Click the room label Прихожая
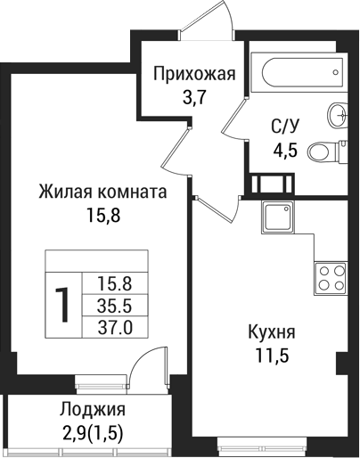pos(194,74)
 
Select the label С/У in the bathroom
pos(285,126)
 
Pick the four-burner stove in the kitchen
pos(331,277)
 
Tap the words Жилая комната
pos(102,192)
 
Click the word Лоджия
pos(93,411)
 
